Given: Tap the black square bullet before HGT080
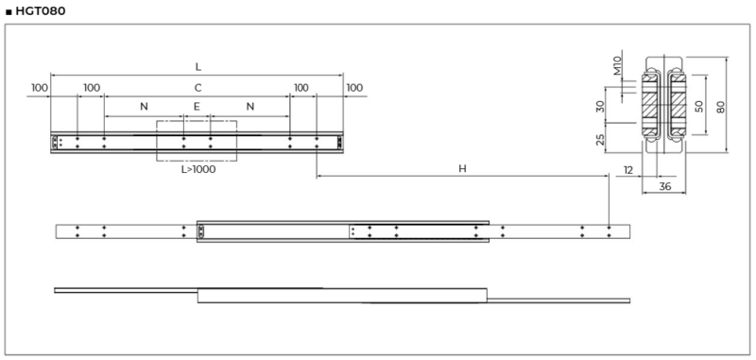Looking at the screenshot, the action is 9,11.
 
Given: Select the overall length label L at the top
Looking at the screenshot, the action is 198,67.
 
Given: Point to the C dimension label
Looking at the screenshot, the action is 198,87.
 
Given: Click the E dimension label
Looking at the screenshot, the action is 197,107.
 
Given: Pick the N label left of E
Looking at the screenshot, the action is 144,107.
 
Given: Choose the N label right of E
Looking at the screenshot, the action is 250,107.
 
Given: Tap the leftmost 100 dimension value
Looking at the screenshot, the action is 39,87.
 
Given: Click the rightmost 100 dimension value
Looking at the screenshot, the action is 353,87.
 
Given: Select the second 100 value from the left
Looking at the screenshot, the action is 92,87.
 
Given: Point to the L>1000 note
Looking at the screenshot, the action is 198,170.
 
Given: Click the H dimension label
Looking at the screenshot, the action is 462,168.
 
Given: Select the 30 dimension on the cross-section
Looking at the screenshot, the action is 600,107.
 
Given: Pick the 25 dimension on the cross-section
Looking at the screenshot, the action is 600,140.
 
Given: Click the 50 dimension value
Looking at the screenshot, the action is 698,106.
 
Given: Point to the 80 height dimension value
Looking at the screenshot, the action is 720,106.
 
